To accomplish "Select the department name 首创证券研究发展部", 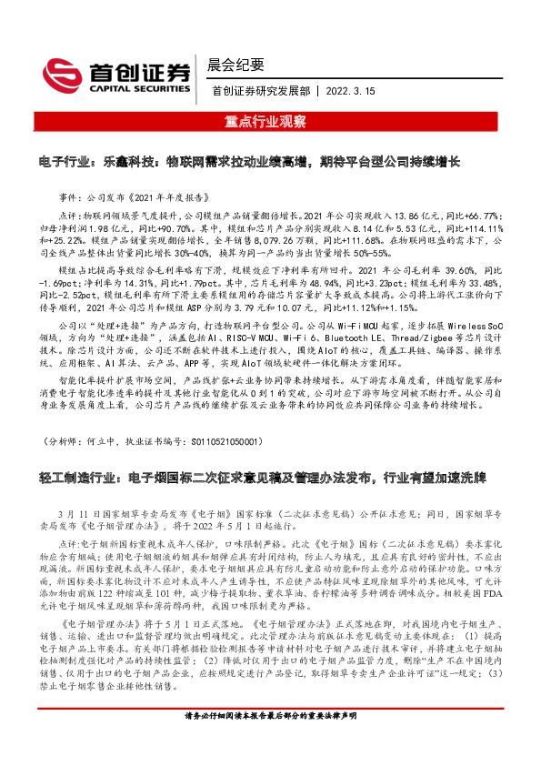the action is click(261, 90).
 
